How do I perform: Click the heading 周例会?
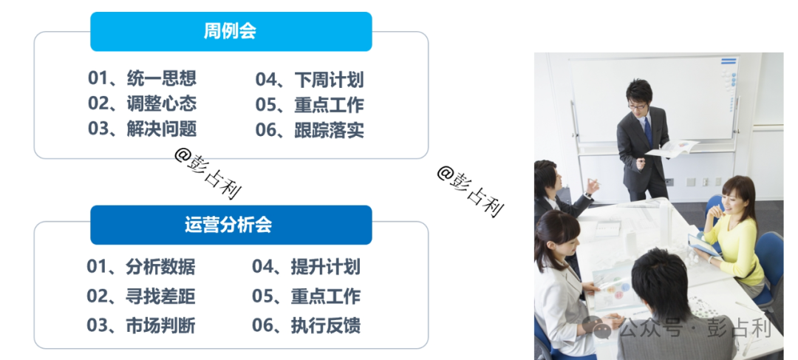(x=230, y=32)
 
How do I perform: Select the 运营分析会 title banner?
(x=231, y=225)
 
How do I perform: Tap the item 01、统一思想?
(x=142, y=78)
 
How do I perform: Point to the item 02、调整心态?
(x=142, y=103)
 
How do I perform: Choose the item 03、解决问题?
(x=142, y=129)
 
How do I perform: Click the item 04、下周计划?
(x=310, y=80)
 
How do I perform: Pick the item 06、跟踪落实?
(x=310, y=130)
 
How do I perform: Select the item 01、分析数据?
(x=141, y=267)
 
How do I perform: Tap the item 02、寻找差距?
(x=141, y=296)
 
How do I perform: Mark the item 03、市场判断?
(x=141, y=325)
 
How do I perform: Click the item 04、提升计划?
(x=307, y=267)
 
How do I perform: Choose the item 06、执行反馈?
(x=307, y=325)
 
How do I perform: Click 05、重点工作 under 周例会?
(x=310, y=105)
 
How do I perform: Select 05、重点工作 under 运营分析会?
(x=307, y=296)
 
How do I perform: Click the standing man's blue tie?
(x=648, y=132)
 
